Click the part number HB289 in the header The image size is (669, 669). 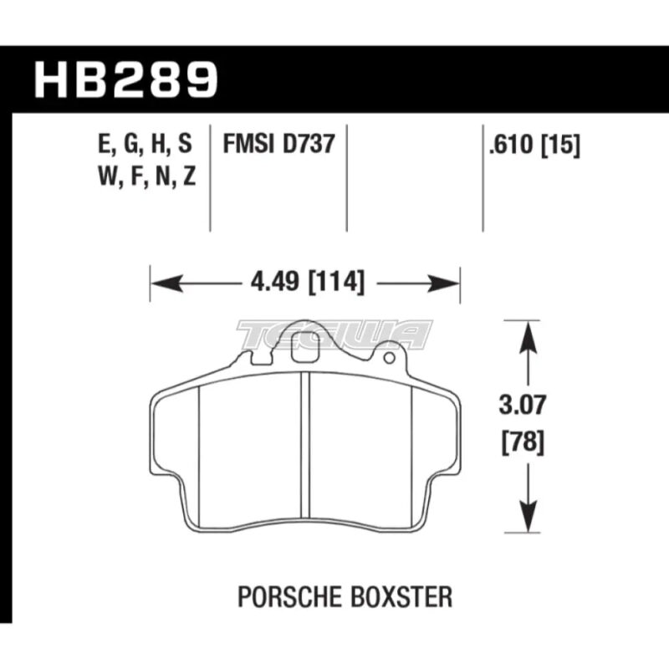pyautogui.click(x=126, y=79)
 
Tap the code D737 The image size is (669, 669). pyautogui.click(x=309, y=143)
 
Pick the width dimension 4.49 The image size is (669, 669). pyautogui.click(x=275, y=281)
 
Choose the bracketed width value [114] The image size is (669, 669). pyautogui.click(x=337, y=282)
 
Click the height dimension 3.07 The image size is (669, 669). pyautogui.click(x=522, y=406)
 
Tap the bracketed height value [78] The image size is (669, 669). pyautogui.click(x=523, y=442)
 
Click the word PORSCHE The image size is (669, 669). pyautogui.click(x=289, y=597)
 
